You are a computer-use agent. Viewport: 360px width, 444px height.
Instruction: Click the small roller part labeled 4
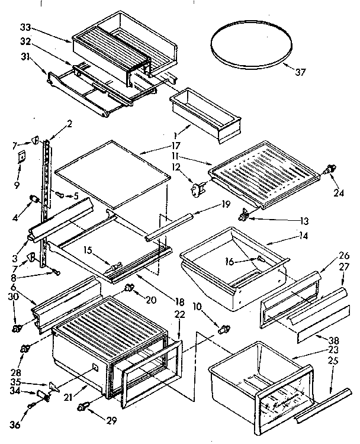point(33,198)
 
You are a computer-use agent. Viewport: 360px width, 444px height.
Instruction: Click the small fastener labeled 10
point(224,328)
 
